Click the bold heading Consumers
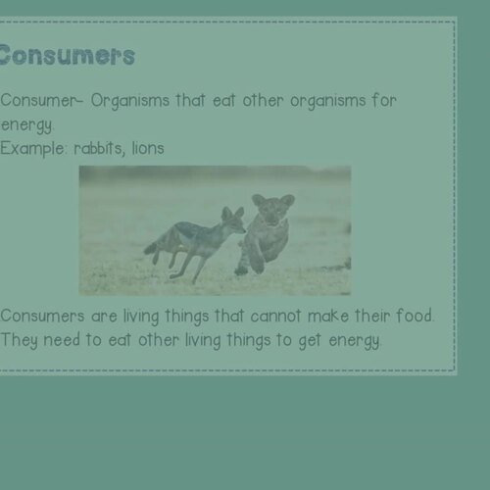coord(67,55)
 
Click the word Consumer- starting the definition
coord(36,101)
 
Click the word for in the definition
coord(383,101)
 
